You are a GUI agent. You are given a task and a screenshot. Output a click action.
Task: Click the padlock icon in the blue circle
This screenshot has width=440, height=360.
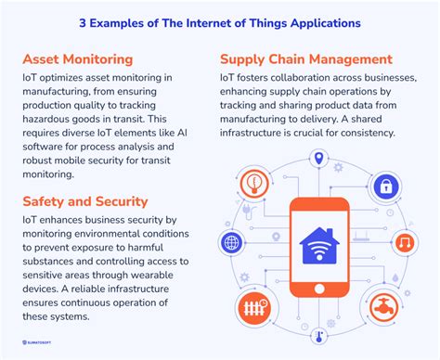pos(384,186)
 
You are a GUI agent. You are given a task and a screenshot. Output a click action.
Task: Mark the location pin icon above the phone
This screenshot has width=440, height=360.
pos(318,160)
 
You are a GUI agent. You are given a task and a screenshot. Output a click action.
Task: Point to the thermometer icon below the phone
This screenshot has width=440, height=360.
pos(318,329)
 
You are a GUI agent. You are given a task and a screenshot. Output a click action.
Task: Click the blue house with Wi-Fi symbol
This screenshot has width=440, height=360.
pos(318,244)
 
